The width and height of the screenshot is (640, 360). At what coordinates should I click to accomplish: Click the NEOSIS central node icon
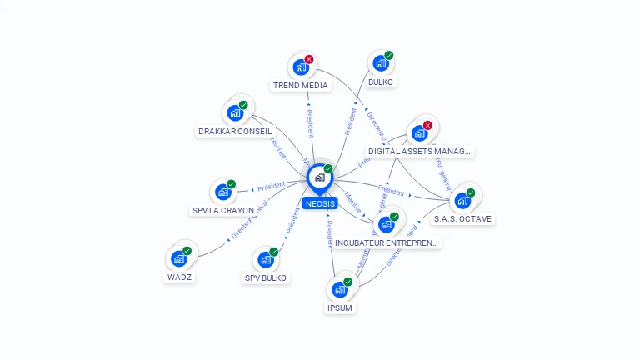[x=319, y=177]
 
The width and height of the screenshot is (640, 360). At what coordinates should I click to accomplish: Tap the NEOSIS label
[x=320, y=203]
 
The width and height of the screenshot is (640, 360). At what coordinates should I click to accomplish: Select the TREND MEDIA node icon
[x=301, y=67]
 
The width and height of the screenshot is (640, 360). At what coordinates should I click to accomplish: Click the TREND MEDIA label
[x=301, y=85]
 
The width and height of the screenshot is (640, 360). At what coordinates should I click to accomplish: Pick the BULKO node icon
[x=381, y=63]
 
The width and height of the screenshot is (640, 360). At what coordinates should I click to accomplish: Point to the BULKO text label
[x=381, y=82]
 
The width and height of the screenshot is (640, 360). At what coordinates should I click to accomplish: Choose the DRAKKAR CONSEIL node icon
[x=235, y=112]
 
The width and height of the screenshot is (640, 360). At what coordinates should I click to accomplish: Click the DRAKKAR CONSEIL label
[x=235, y=131]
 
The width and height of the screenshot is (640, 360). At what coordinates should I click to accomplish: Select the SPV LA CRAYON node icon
[x=222, y=192]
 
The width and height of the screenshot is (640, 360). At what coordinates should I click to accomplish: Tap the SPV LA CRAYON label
[x=223, y=210]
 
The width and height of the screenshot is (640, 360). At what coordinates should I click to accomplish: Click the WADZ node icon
[x=179, y=258]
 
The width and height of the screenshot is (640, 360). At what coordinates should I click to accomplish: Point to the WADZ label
[x=180, y=277]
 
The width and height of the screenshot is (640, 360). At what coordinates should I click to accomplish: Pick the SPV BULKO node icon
[x=266, y=259]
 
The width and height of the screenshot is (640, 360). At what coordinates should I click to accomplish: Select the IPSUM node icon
[x=339, y=289]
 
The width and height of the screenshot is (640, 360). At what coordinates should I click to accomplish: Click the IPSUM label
[x=340, y=307]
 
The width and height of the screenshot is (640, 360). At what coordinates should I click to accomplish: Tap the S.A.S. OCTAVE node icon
[x=462, y=200]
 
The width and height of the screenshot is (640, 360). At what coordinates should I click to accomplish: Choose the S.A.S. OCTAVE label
[x=462, y=218]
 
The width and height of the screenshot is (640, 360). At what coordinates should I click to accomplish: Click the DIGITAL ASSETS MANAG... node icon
[x=420, y=132]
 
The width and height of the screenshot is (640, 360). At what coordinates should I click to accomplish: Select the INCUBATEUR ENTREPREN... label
[x=387, y=242]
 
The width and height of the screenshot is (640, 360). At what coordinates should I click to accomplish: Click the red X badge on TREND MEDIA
[x=309, y=59]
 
